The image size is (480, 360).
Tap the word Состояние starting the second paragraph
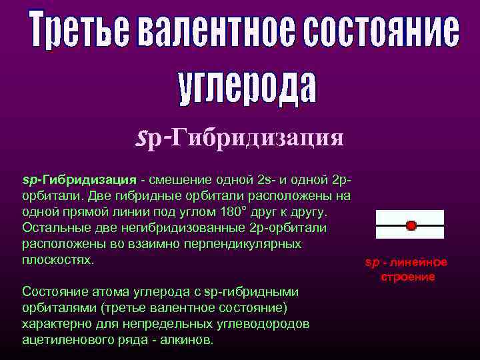click(55, 291)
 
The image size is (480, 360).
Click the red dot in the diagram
click(411, 226)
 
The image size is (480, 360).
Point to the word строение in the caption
click(407, 276)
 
